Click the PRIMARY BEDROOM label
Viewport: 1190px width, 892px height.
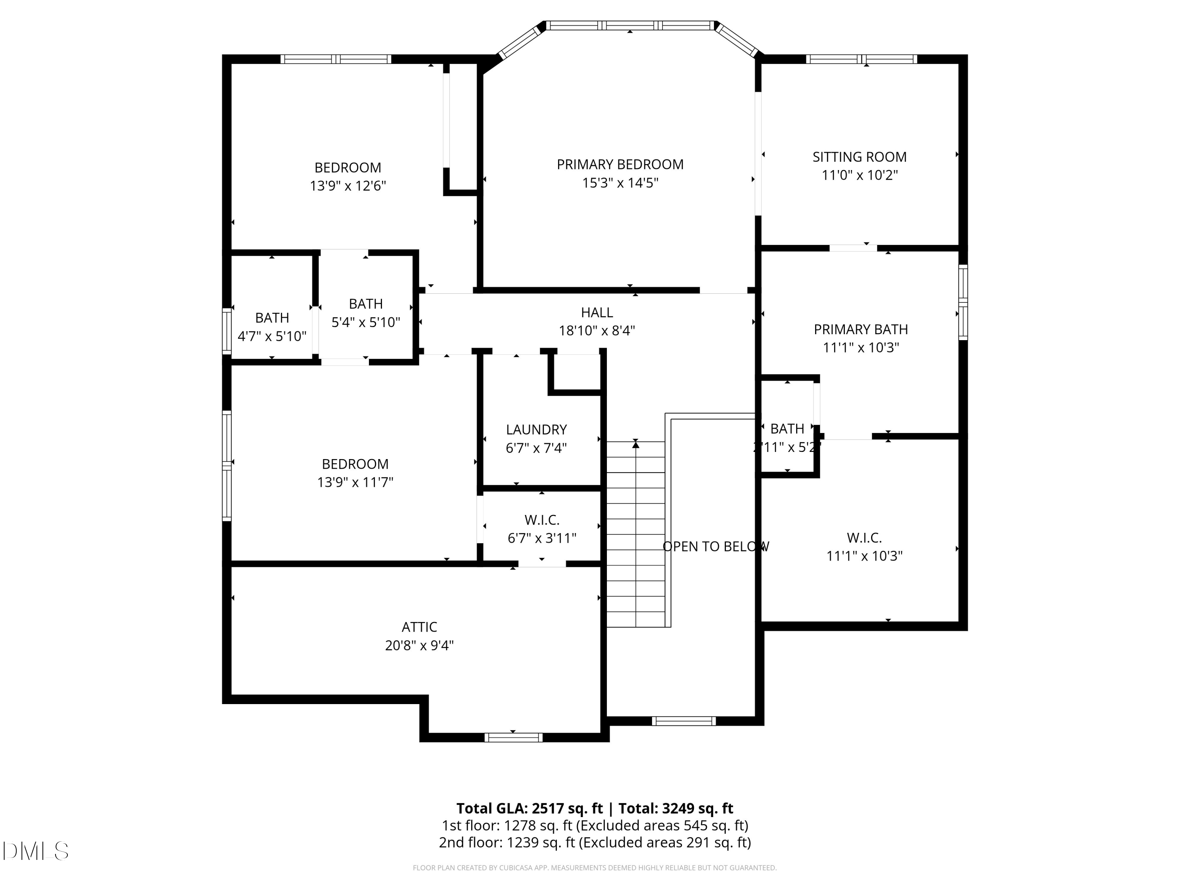pos(620,165)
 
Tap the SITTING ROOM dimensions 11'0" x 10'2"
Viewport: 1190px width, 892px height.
pos(860,175)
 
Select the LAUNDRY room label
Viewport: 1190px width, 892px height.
pos(536,430)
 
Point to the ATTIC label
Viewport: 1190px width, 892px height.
pos(419,627)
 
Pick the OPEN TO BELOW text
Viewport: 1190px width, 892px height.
pos(716,547)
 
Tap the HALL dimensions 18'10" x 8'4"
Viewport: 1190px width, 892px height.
pos(597,331)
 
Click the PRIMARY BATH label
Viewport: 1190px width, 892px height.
pos(861,329)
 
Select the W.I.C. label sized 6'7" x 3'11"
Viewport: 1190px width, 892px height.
pos(542,520)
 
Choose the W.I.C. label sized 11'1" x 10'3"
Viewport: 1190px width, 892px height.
pos(864,538)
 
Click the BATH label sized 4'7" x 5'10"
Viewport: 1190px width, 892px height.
pos(272,318)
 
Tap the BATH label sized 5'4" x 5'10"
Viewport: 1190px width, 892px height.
pos(366,304)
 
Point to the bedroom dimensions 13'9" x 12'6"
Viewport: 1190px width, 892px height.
pos(347,186)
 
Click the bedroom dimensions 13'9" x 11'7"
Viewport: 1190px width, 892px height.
pos(355,482)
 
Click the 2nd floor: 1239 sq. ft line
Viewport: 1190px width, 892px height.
pos(595,842)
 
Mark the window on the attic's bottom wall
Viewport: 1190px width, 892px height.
pos(513,738)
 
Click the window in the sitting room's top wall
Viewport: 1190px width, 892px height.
pos(861,59)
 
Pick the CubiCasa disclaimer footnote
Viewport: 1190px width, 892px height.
pos(595,868)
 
